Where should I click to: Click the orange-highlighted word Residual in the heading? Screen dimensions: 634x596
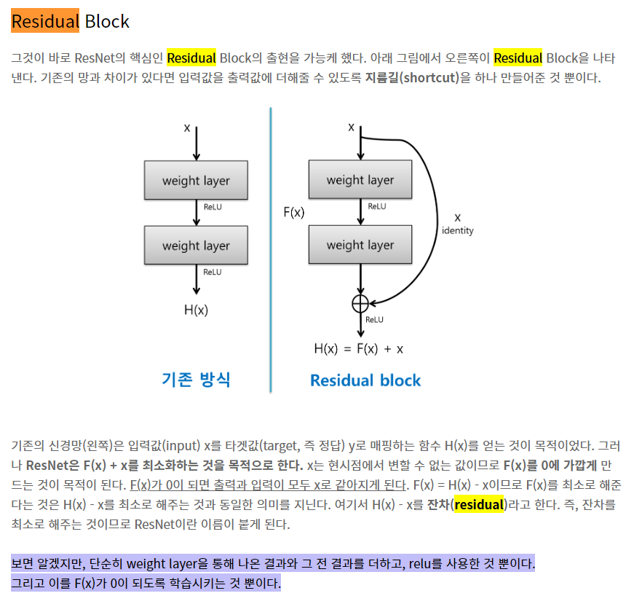tap(44, 21)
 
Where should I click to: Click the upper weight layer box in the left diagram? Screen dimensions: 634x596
tap(196, 181)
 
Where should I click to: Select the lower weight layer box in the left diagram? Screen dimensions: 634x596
tap(196, 246)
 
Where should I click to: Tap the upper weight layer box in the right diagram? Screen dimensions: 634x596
tap(360, 180)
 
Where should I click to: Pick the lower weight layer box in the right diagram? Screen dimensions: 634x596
tap(360, 245)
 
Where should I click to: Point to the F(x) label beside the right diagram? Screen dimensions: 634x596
tap(293, 213)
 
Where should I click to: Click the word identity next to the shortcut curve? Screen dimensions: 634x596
tap(457, 230)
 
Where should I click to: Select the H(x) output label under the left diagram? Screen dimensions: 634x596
tap(196, 310)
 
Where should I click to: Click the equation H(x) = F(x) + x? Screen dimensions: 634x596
tap(358, 348)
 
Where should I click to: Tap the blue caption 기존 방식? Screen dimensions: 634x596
tap(196, 379)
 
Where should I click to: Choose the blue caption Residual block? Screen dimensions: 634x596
tap(365, 380)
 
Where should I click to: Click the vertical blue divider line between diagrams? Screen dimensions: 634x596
tap(271, 248)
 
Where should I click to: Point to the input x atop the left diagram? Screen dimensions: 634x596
tap(187, 128)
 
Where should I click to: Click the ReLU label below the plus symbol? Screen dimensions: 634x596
tap(374, 319)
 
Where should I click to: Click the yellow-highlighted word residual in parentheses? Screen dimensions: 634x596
tap(478, 504)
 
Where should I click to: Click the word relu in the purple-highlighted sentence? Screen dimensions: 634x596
tap(418, 563)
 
